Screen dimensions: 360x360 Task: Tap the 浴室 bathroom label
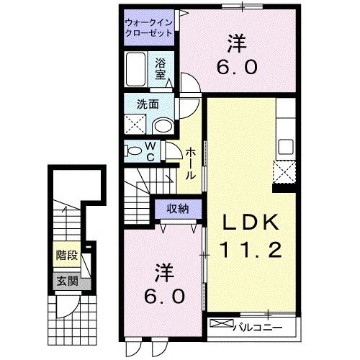tap(160, 68)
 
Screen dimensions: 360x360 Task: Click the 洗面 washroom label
tap(148, 104)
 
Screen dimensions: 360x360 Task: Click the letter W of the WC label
tap(151, 145)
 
